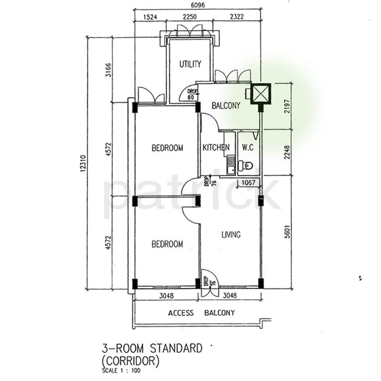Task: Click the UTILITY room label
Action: (190, 64)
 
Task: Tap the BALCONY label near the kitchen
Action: (226, 106)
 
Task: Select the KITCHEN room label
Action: (216, 147)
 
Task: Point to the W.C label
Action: (248, 147)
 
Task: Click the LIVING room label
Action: (231, 235)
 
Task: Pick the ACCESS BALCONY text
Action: (201, 313)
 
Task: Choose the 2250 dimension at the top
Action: (190, 17)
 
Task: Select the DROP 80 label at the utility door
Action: (190, 94)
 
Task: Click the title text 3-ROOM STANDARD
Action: (151, 349)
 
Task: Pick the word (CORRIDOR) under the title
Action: (130, 361)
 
